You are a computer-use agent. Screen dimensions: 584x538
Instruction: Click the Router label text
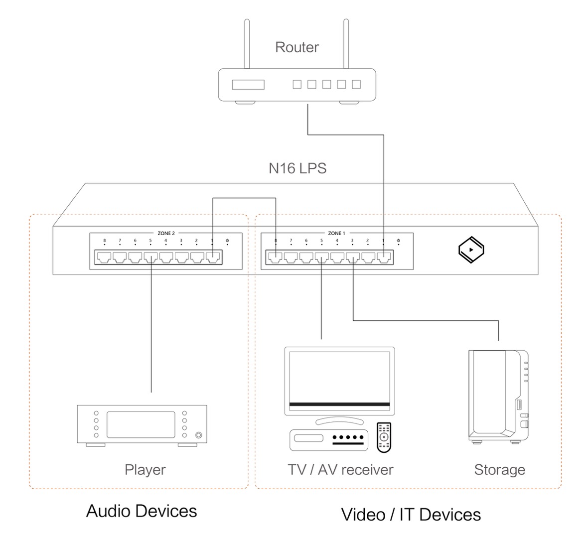(297, 47)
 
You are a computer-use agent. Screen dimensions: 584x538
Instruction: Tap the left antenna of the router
(247, 43)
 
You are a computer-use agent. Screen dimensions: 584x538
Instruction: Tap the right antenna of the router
(346, 43)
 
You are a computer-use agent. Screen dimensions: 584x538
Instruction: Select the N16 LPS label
(297, 168)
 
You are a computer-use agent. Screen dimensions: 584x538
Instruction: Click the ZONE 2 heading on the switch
(166, 233)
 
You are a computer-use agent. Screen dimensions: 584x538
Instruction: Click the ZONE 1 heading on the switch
(337, 233)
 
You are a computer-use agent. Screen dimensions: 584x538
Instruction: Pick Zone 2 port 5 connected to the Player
(150, 257)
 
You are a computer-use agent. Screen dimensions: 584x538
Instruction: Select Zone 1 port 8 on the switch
(275, 257)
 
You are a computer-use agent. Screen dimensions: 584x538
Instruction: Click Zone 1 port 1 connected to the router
(384, 257)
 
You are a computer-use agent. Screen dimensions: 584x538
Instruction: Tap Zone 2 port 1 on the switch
(213, 257)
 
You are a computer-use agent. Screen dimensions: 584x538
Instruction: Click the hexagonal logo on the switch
(471, 250)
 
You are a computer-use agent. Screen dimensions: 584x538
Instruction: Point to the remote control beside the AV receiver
(384, 437)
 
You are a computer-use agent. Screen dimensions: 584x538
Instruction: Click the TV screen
(340, 378)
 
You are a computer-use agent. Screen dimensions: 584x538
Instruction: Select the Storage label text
(500, 470)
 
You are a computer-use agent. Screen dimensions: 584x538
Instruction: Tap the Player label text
(146, 470)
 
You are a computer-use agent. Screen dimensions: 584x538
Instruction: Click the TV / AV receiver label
(340, 470)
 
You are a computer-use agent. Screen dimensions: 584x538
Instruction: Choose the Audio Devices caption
(142, 511)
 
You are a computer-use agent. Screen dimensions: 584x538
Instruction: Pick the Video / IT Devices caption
(411, 515)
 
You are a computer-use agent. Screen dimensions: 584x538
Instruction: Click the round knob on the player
(199, 435)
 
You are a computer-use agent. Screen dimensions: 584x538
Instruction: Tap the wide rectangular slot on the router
(248, 85)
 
